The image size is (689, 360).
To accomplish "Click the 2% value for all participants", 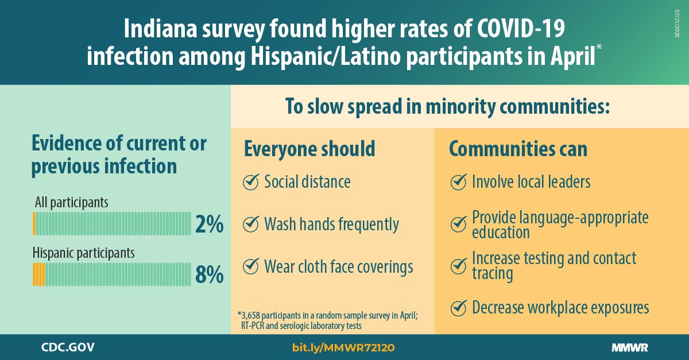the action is [x=209, y=224].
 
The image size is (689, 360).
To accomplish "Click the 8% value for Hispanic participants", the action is [x=209, y=274].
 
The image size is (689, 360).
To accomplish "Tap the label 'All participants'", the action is [x=71, y=203].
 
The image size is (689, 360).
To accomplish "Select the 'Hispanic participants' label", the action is [x=83, y=254].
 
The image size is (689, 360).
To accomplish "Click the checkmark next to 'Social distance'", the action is [x=251, y=181].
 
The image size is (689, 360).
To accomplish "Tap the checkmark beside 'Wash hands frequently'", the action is [x=251, y=224].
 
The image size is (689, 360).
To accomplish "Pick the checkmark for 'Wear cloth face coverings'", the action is [x=251, y=266].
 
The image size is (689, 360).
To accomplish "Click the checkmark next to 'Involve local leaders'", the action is [x=459, y=181].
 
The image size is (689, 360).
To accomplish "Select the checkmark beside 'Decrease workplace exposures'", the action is [x=459, y=308].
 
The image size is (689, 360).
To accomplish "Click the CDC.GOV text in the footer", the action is [x=68, y=347].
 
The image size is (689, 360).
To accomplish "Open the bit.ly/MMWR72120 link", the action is [x=343, y=348].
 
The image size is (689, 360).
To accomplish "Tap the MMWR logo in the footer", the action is [x=630, y=348].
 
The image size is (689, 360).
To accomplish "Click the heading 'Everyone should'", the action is [x=309, y=149].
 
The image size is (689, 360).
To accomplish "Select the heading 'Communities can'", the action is [x=518, y=149].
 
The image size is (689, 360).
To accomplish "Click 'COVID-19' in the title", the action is [x=521, y=29].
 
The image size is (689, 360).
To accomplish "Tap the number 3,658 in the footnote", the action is [x=251, y=315].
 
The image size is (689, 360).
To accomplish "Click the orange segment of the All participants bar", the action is [x=34, y=224].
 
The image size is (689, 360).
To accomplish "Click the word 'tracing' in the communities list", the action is [x=493, y=273].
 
